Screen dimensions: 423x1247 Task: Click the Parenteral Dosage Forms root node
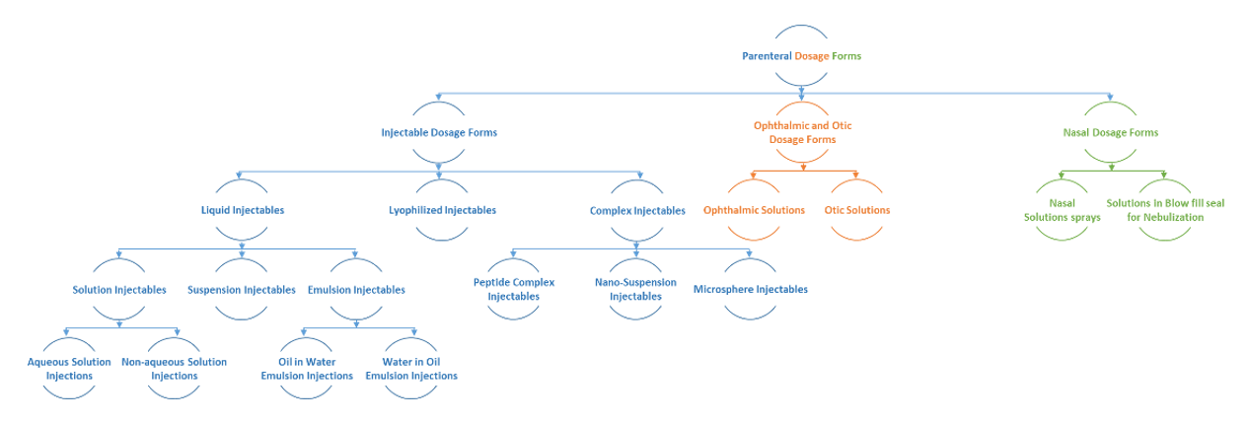[801, 56]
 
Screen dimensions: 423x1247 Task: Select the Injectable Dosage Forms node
[439, 132]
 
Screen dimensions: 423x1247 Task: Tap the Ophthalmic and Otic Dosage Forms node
[802, 133]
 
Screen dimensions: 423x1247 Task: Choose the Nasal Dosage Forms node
[1110, 132]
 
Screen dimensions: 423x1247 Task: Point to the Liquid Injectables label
[243, 210]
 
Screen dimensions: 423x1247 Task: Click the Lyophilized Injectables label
[442, 210]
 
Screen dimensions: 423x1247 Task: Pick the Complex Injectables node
[637, 210]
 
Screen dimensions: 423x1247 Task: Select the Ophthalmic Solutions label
[754, 210]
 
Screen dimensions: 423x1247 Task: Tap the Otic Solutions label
[856, 210]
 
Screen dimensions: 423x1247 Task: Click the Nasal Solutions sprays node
[1062, 210]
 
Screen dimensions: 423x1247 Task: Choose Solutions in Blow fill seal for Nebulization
[1165, 210]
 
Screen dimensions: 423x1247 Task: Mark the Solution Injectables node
[119, 290]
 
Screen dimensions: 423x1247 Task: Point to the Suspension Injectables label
[242, 290]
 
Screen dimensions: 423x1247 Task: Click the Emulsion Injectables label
[356, 290]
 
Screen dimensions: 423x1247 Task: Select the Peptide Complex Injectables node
[514, 289]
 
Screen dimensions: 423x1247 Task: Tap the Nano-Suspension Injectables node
[635, 289]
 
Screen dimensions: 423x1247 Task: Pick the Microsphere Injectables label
[751, 290]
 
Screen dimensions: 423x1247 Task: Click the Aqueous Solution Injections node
[69, 369]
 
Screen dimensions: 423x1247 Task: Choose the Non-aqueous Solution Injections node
[175, 369]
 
